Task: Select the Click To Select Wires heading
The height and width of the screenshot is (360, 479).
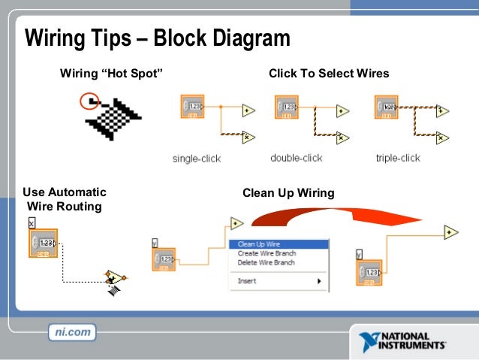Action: pyautogui.click(x=329, y=74)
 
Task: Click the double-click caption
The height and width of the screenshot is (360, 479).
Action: pyautogui.click(x=296, y=158)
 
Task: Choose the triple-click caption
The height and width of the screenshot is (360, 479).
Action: pyautogui.click(x=398, y=158)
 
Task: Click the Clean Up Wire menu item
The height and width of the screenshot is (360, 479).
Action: pyautogui.click(x=259, y=244)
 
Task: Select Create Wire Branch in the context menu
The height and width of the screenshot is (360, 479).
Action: pyautogui.click(x=267, y=253)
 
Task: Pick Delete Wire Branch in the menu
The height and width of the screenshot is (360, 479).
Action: pyautogui.click(x=267, y=262)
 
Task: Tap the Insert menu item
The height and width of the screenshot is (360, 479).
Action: pyautogui.click(x=247, y=281)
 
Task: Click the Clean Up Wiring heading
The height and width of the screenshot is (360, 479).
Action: pyautogui.click(x=288, y=193)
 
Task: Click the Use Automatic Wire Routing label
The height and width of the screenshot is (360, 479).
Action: pyautogui.click(x=64, y=199)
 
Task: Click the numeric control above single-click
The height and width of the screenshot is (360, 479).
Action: pyautogui.click(x=193, y=107)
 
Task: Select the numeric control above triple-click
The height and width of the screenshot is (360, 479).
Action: pyautogui.click(x=387, y=107)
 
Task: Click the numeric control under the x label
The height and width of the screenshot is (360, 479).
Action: pyautogui.click(x=44, y=244)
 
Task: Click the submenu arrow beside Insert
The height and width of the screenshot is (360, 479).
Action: pyautogui.click(x=319, y=281)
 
